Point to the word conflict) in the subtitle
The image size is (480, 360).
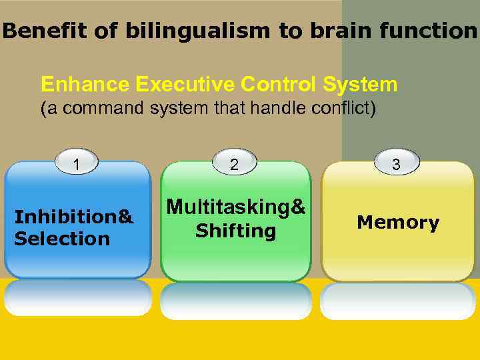point(340,109)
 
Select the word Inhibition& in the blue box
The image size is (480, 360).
point(74,217)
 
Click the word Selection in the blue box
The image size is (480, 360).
point(62,239)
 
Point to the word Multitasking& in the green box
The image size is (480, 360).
point(235,208)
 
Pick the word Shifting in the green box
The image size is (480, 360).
point(235,231)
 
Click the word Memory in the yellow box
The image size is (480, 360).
point(398,223)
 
